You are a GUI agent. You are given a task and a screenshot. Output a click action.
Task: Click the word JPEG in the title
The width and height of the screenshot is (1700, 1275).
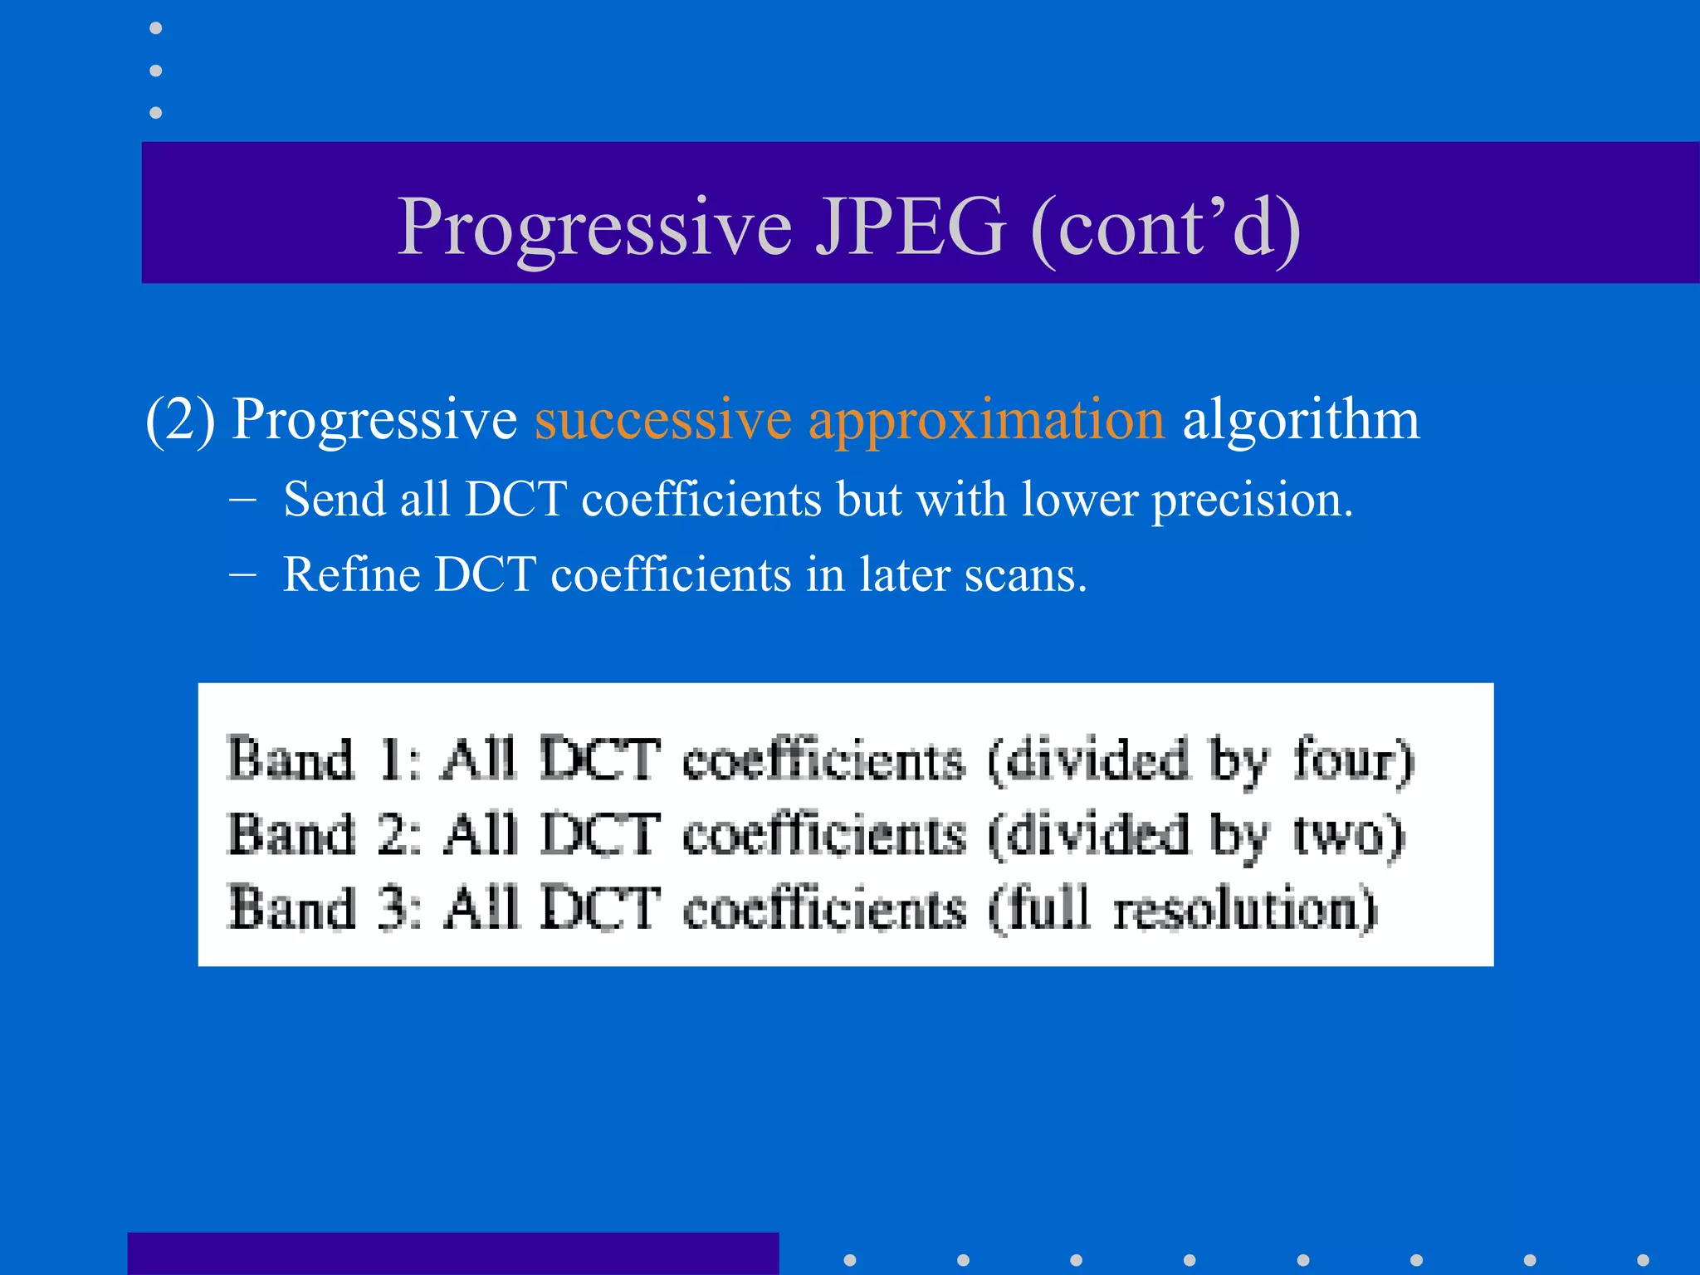[x=910, y=227]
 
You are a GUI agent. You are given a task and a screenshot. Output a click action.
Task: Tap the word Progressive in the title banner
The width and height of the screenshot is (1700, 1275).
[x=594, y=227]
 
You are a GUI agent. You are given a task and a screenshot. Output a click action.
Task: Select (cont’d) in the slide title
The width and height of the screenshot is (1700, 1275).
[x=1165, y=227]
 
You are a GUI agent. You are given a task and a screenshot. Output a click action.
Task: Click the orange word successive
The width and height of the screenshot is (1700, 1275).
[x=662, y=419]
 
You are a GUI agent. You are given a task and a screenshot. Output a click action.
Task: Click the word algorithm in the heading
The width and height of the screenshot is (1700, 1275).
[x=1300, y=419]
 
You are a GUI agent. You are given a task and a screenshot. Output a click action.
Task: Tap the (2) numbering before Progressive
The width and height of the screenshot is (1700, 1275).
[x=179, y=419]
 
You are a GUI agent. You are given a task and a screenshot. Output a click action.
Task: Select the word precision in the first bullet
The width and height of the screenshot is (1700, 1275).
[x=1252, y=501]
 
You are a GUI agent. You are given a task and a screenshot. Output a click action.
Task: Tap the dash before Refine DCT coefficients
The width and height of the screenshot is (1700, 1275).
[x=242, y=574]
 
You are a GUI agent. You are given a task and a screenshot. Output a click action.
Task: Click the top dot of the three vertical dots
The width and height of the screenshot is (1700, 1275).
[x=155, y=28]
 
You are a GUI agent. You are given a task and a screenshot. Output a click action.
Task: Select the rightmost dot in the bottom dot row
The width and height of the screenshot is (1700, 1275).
[x=1643, y=1260]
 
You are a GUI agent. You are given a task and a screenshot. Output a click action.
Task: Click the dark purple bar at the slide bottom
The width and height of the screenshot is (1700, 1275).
[x=452, y=1253]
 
